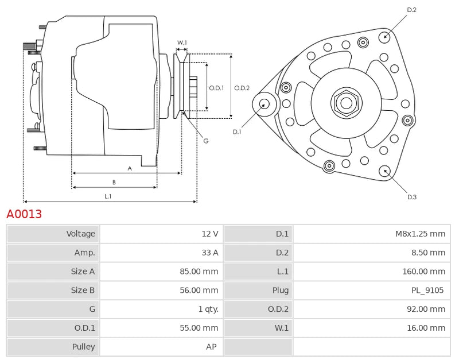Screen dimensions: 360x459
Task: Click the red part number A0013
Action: (24, 214)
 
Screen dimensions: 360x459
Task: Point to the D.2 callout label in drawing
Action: (411, 10)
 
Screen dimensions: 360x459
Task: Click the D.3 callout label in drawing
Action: (411, 197)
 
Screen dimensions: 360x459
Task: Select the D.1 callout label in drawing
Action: (237, 132)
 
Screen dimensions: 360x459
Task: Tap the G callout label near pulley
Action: (205, 141)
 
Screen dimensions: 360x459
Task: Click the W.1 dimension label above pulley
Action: (181, 42)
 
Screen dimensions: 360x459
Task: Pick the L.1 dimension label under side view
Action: (108, 196)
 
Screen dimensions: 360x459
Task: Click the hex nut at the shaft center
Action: (346, 103)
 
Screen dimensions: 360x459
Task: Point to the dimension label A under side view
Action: (130, 168)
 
